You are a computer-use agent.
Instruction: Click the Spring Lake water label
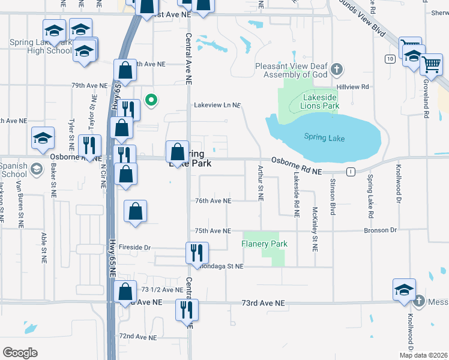click(324, 138)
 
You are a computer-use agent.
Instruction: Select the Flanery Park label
click(264, 244)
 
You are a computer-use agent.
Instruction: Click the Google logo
click(20, 353)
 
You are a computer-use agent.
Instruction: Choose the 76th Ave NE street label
click(212, 201)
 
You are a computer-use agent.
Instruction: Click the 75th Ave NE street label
click(212, 230)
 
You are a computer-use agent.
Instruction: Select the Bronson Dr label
click(380, 230)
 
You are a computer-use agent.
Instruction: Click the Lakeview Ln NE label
click(217, 105)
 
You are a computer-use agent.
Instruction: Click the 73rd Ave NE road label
click(262, 304)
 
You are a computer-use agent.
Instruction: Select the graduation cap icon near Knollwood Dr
click(405, 289)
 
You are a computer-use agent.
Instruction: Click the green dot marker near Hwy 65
click(152, 100)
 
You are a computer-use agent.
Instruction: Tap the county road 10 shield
click(390, 58)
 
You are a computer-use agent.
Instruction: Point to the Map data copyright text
click(423, 355)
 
